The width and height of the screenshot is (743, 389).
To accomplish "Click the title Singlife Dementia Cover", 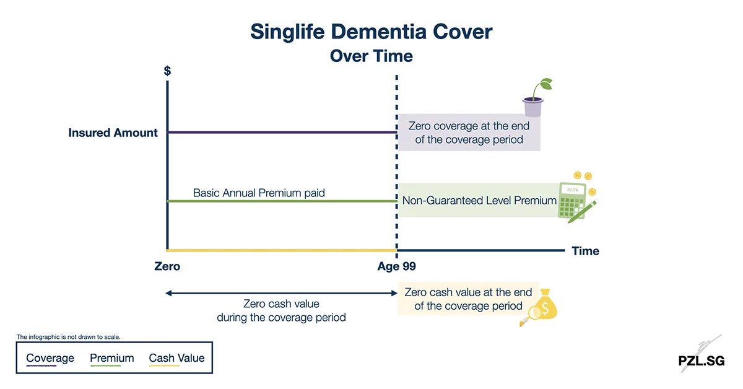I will [371, 31].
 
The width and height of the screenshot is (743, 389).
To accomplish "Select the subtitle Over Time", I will [371, 56].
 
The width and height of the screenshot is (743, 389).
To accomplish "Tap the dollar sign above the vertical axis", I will [167, 71].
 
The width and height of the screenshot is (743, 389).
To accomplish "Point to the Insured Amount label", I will [113, 133].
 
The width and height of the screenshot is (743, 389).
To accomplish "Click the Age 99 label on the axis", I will [396, 267].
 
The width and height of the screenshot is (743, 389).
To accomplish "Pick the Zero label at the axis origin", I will [167, 267].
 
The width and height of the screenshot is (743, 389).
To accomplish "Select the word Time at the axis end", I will [585, 251].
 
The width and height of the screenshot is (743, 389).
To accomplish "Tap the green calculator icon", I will [575, 200].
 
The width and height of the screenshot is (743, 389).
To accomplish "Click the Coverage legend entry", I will [50, 358].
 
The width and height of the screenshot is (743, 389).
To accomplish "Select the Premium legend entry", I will [112, 358].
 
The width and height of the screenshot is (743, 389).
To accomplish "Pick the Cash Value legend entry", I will [176, 358].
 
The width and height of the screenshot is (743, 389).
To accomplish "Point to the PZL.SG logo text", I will [701, 361].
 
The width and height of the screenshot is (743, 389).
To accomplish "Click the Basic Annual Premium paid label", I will [259, 193].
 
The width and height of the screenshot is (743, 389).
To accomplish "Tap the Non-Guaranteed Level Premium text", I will [479, 201].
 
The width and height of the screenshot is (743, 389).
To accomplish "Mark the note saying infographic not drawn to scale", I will [68, 337].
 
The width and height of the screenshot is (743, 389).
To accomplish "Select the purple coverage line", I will [282, 133].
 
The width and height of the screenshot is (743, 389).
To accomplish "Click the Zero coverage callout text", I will [469, 133].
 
